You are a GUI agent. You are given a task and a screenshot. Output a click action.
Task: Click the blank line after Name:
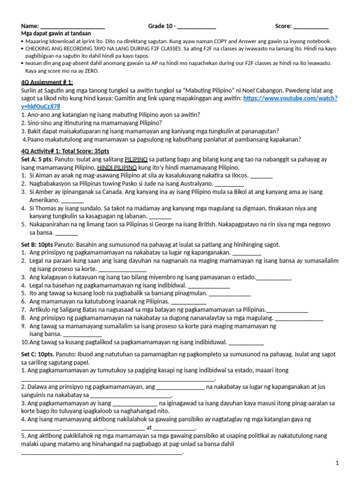(73, 27)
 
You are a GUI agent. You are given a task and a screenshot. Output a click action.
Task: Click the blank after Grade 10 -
(196, 27)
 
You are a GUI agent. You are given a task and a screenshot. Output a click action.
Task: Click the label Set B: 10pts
(37, 245)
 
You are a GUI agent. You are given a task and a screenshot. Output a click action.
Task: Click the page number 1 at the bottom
(337, 463)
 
